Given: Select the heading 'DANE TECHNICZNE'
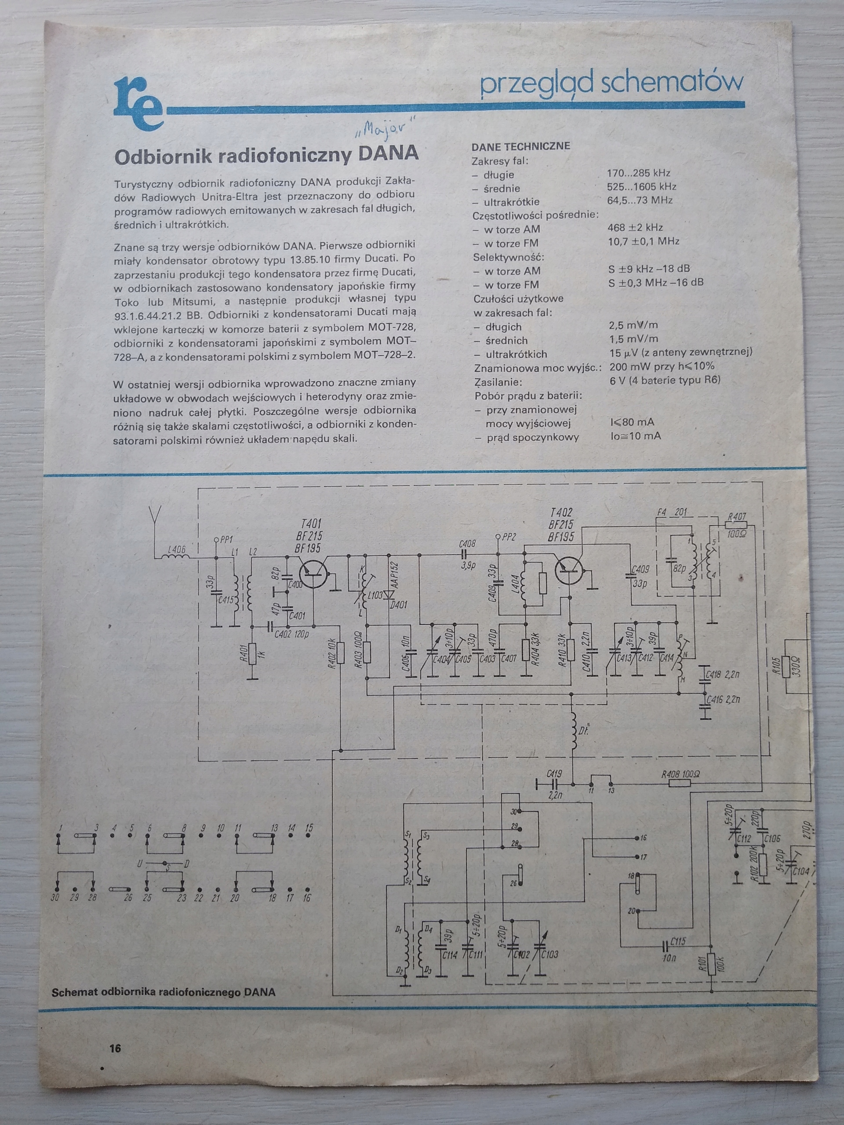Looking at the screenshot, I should tap(520, 146).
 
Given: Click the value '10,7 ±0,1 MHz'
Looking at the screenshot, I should tap(643, 242).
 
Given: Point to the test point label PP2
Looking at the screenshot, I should tap(508, 537).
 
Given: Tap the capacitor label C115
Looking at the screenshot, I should tap(678, 941).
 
